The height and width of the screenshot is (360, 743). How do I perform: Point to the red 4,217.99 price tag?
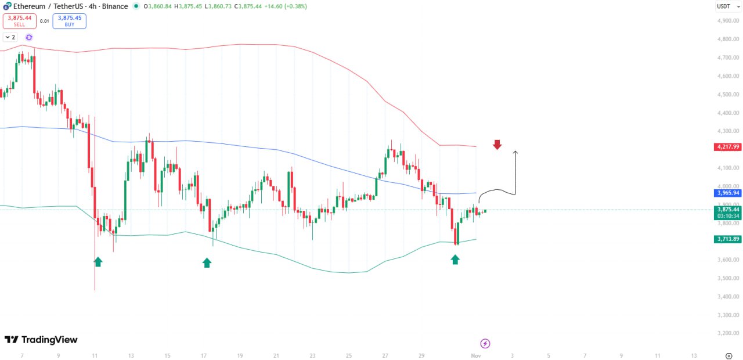pos(728,147)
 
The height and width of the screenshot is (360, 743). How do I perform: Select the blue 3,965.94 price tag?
pos(728,193)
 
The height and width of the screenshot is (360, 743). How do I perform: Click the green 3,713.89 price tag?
pos(728,239)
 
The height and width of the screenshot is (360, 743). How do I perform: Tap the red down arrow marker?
pos(497,145)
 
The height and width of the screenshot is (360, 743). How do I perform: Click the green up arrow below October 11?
pos(98,262)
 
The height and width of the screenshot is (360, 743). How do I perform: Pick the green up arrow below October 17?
pos(207,262)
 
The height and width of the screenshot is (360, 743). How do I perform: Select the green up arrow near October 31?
pos(455,260)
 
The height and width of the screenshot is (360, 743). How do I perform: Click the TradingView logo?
pos(41,340)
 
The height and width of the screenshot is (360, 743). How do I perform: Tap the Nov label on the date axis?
pos(476,355)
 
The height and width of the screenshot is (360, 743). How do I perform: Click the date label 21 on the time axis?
pos(276,355)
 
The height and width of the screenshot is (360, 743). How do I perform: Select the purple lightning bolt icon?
pos(485,343)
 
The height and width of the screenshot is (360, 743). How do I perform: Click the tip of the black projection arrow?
pos(515,152)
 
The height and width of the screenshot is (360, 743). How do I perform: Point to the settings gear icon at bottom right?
pos(729,355)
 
